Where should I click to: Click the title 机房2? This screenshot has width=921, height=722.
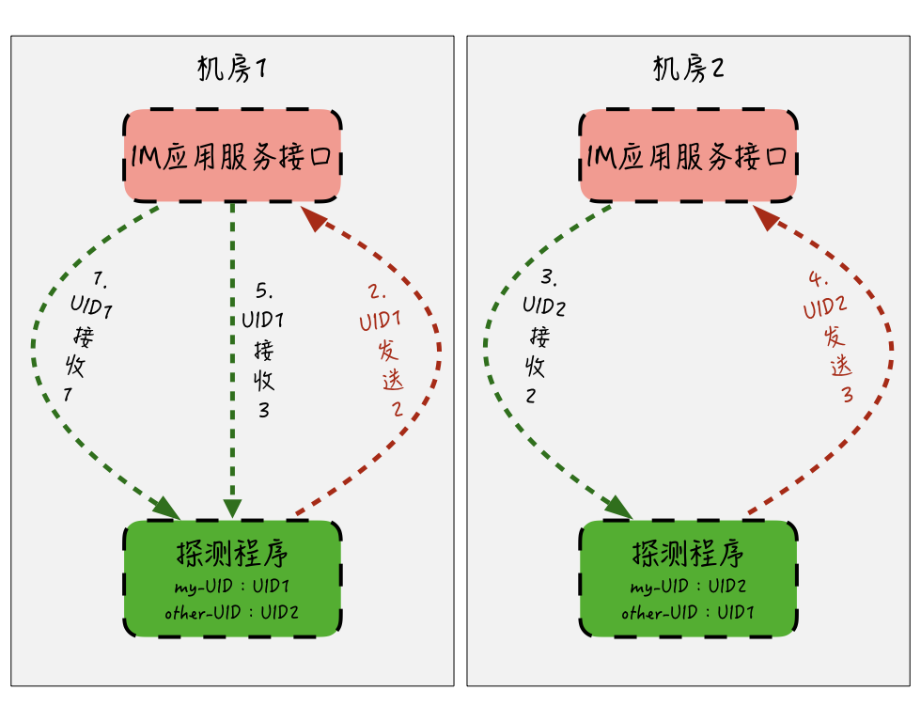pyautogui.click(x=688, y=69)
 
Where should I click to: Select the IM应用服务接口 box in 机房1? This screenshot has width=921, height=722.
pyautogui.click(x=232, y=155)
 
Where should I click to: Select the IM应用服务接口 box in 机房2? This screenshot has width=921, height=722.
pyautogui.click(x=688, y=155)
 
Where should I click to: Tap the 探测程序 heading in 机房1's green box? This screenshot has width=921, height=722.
pyautogui.click(x=231, y=555)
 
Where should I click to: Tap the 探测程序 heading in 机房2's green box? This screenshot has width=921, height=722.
pyautogui.click(x=688, y=555)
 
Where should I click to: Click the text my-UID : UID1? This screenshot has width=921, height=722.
pyautogui.click(x=231, y=588)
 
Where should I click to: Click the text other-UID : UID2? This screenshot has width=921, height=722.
pyautogui.click(x=231, y=613)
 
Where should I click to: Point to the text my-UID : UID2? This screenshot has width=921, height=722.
pyautogui.click(x=688, y=588)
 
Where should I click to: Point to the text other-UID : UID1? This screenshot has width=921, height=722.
pyautogui.click(x=688, y=613)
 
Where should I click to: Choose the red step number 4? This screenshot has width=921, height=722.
pyautogui.click(x=820, y=279)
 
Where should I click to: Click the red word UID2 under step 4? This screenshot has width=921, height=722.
pyautogui.click(x=826, y=307)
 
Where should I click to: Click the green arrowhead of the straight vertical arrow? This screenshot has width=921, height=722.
pyautogui.click(x=232, y=508)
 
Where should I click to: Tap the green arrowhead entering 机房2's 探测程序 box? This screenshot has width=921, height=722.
pyautogui.click(x=620, y=508)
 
